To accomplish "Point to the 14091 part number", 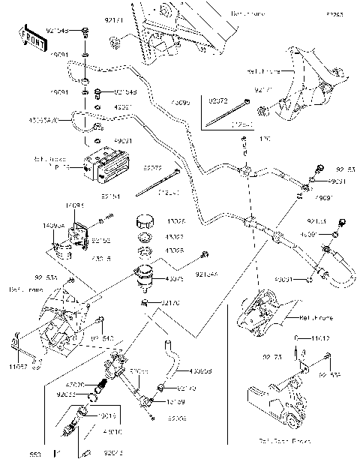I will click(73, 204).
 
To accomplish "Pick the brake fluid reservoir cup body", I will click(144, 277).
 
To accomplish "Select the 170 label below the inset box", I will click(244, 138).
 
